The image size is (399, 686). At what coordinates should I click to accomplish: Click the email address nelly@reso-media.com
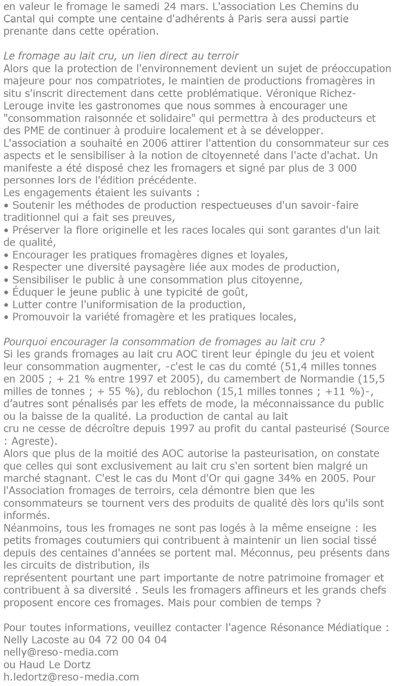click(61, 652)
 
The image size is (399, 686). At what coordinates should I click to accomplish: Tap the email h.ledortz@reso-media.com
click(71, 676)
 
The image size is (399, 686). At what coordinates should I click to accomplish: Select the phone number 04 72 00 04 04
click(128, 639)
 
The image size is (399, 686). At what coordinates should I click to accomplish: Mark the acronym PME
click(28, 130)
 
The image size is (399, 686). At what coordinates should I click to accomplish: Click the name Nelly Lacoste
click(35, 639)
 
